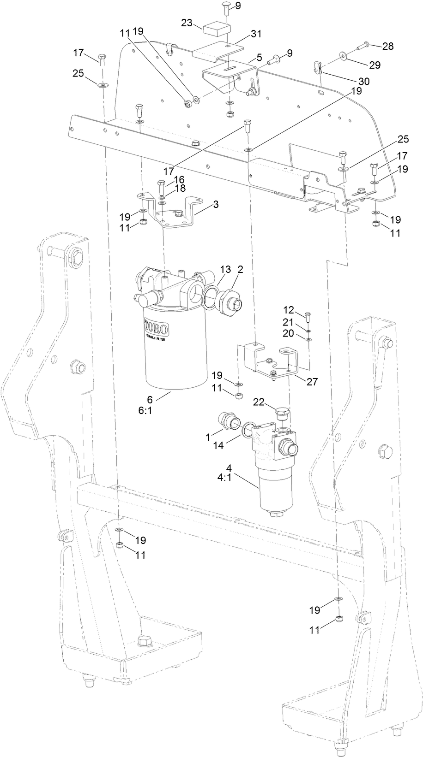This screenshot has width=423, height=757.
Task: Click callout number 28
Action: [388, 46]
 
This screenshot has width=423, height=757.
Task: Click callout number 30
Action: [364, 81]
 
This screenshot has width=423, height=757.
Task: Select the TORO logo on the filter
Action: [157, 329]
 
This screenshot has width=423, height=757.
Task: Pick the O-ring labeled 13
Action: [211, 296]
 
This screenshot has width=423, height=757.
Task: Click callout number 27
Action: [312, 382]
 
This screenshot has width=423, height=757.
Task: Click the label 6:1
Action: [145, 410]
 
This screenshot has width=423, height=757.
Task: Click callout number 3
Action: [216, 205]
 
